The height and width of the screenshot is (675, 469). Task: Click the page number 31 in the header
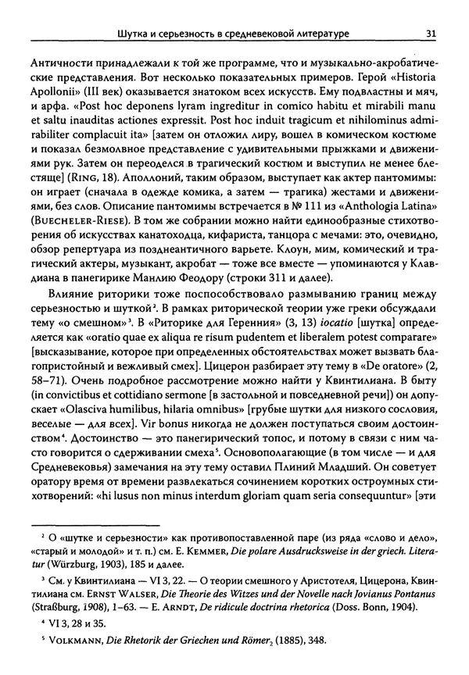(x=431, y=33)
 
